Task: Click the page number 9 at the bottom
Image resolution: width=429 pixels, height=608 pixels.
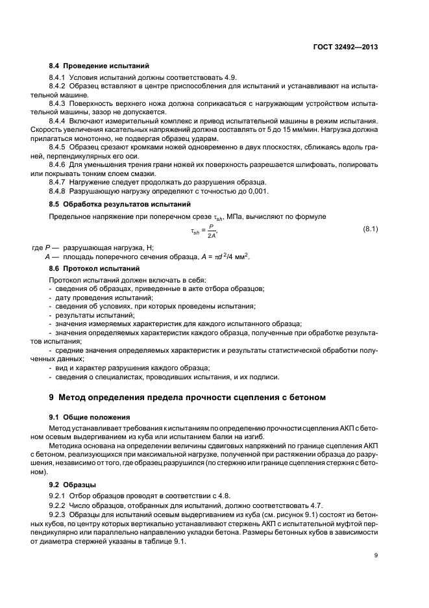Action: tap(376, 554)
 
